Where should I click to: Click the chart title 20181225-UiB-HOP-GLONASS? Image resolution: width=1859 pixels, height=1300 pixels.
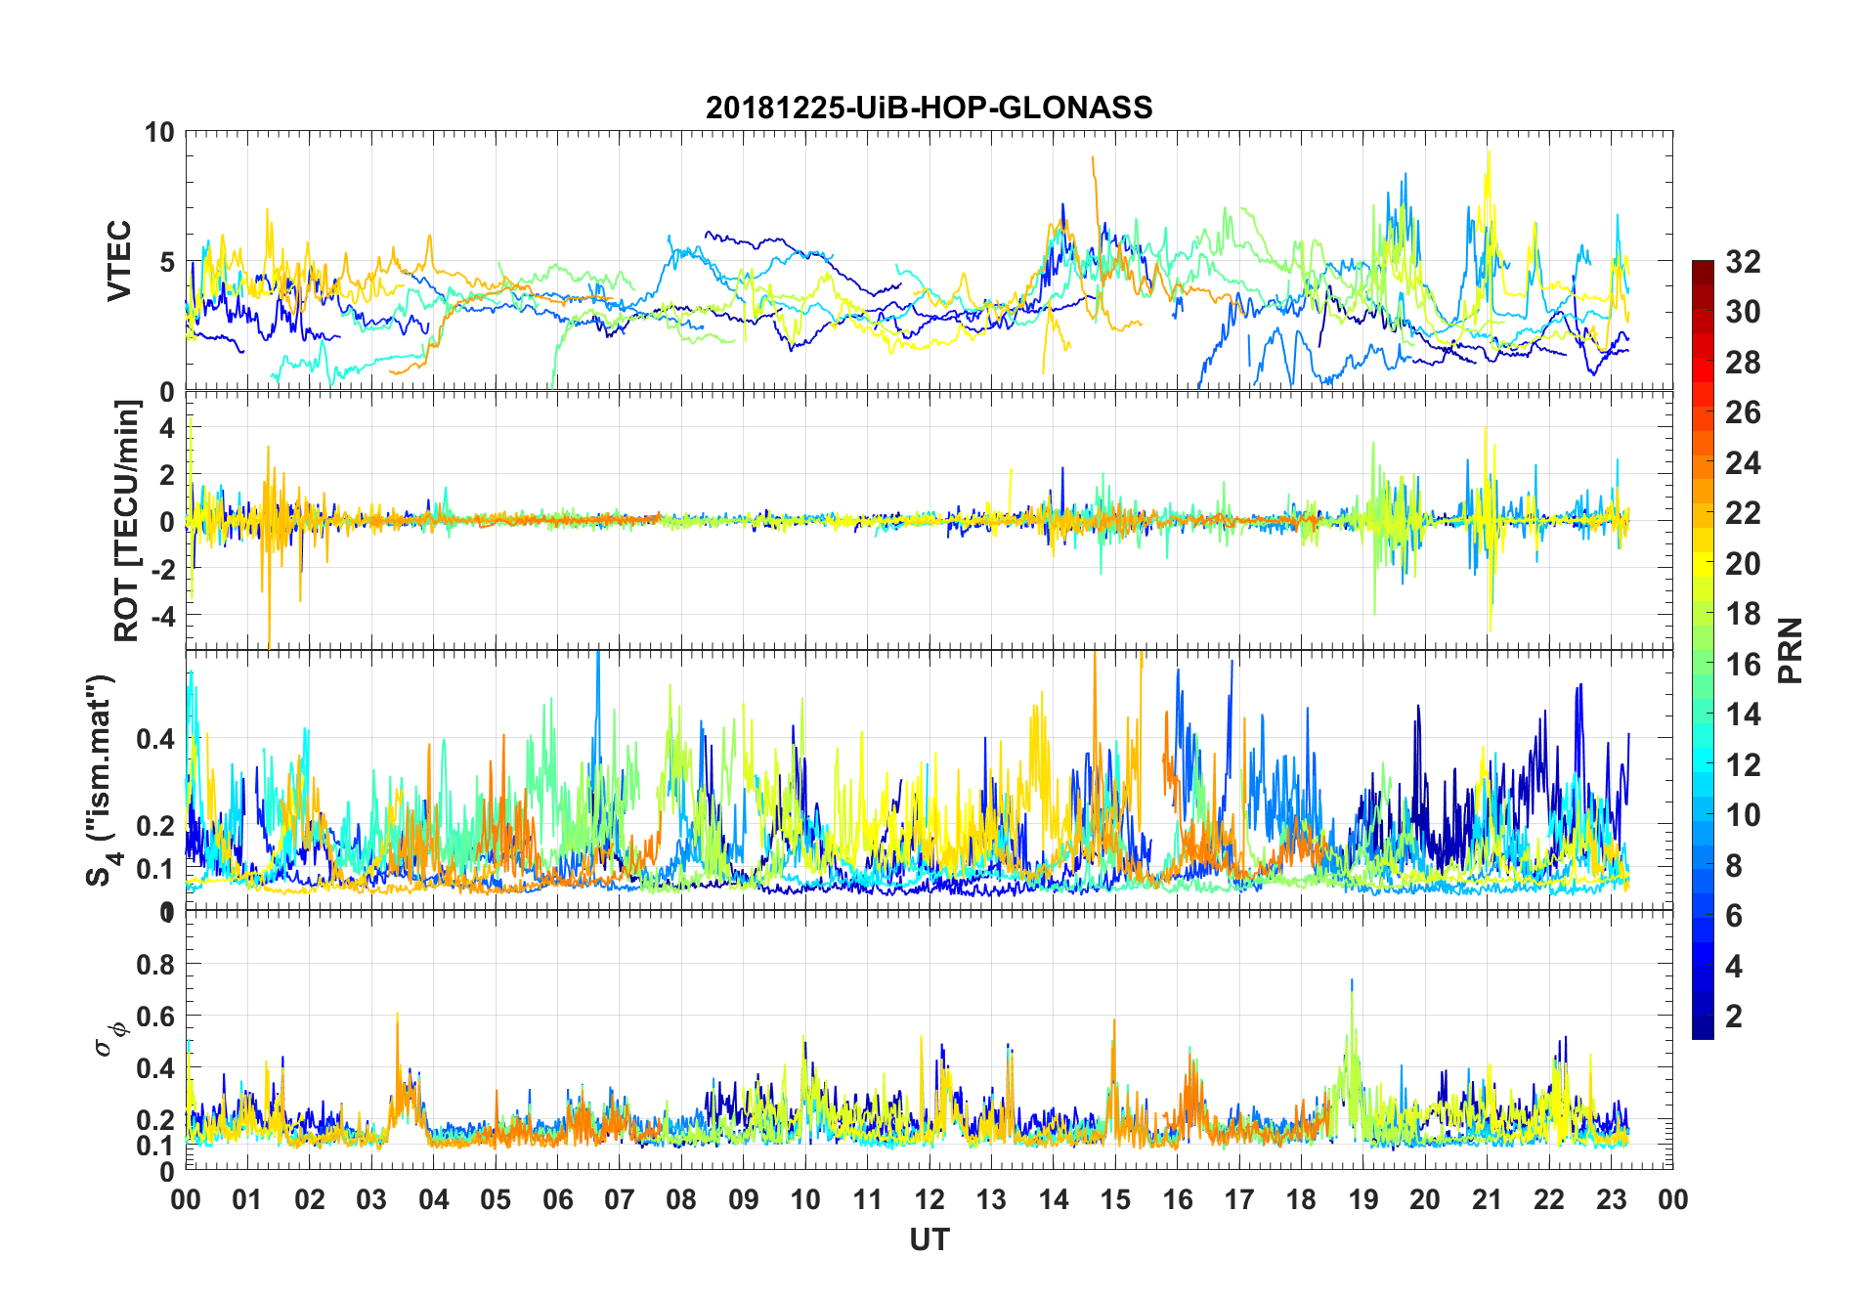click(929, 108)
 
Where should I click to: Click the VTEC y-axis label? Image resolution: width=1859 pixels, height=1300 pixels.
click(118, 261)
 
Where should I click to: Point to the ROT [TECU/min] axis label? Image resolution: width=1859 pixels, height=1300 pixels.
click(126, 520)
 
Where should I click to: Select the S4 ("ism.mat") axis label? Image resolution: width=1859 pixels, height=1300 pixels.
click(101, 780)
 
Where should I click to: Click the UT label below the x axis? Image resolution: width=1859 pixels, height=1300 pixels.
click(929, 1239)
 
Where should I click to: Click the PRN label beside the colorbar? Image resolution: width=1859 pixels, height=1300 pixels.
click(1790, 650)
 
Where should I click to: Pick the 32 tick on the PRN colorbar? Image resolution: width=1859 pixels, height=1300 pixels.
click(1743, 261)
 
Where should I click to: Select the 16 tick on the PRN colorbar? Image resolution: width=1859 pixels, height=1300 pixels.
click(1743, 664)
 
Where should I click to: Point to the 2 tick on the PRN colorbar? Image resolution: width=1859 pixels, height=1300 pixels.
click(1734, 1016)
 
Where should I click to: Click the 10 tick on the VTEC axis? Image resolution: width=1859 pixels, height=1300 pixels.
click(159, 132)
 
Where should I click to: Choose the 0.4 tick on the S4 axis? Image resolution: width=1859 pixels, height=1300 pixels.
click(155, 739)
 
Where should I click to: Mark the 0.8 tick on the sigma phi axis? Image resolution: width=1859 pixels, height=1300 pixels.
click(155, 964)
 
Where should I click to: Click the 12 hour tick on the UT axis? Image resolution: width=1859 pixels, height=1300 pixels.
click(929, 1199)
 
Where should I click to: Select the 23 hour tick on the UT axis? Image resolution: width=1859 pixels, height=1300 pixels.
click(1611, 1199)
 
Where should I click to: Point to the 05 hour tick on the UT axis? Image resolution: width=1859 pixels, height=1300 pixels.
click(496, 1199)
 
